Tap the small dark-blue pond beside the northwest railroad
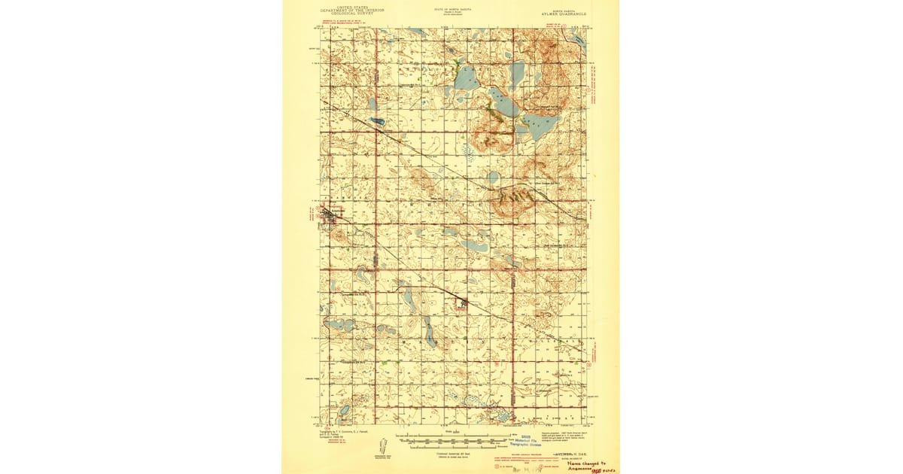(376, 121)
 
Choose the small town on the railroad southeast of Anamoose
(464, 303)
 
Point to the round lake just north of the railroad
(492, 178)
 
